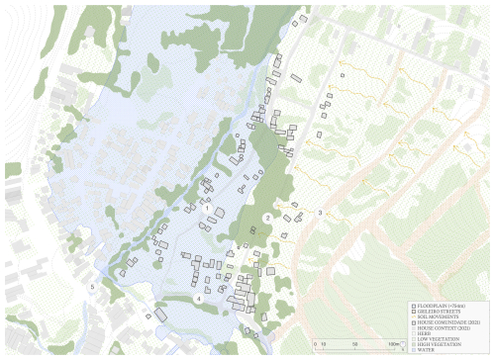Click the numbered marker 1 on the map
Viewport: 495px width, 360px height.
click(207, 209)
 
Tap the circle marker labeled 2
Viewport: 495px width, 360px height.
click(268, 218)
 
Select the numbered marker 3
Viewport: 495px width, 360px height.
click(320, 213)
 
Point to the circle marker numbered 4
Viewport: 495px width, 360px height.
click(198, 298)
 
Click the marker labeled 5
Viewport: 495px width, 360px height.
click(94, 287)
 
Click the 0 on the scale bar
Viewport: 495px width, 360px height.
click(310, 343)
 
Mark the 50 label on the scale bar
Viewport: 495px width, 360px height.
click(353, 343)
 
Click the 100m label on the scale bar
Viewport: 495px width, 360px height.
click(395, 343)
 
